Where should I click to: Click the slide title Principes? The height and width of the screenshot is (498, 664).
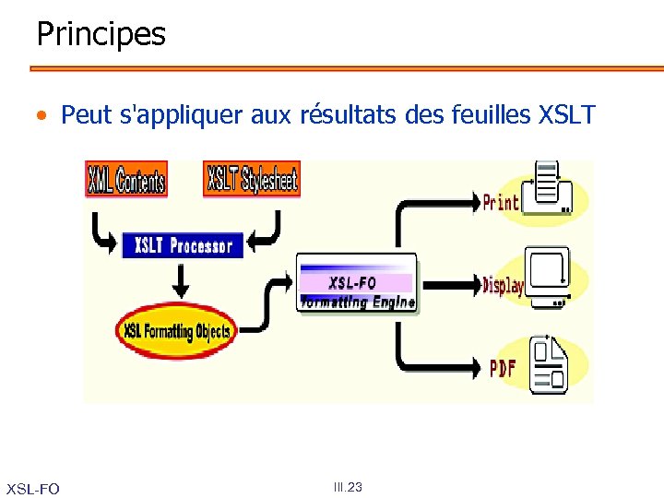101,34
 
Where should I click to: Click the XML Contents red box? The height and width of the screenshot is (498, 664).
125,179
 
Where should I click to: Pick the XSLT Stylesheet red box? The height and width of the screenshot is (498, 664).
252,179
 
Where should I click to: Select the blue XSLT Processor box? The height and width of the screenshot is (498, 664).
183,244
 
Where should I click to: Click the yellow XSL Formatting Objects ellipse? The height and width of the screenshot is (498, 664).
177,330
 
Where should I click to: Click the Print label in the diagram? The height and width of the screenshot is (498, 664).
501,202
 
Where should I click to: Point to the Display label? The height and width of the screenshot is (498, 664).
503,285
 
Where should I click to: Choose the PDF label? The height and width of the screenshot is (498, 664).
503,368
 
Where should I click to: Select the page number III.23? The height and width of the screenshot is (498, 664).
348,487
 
